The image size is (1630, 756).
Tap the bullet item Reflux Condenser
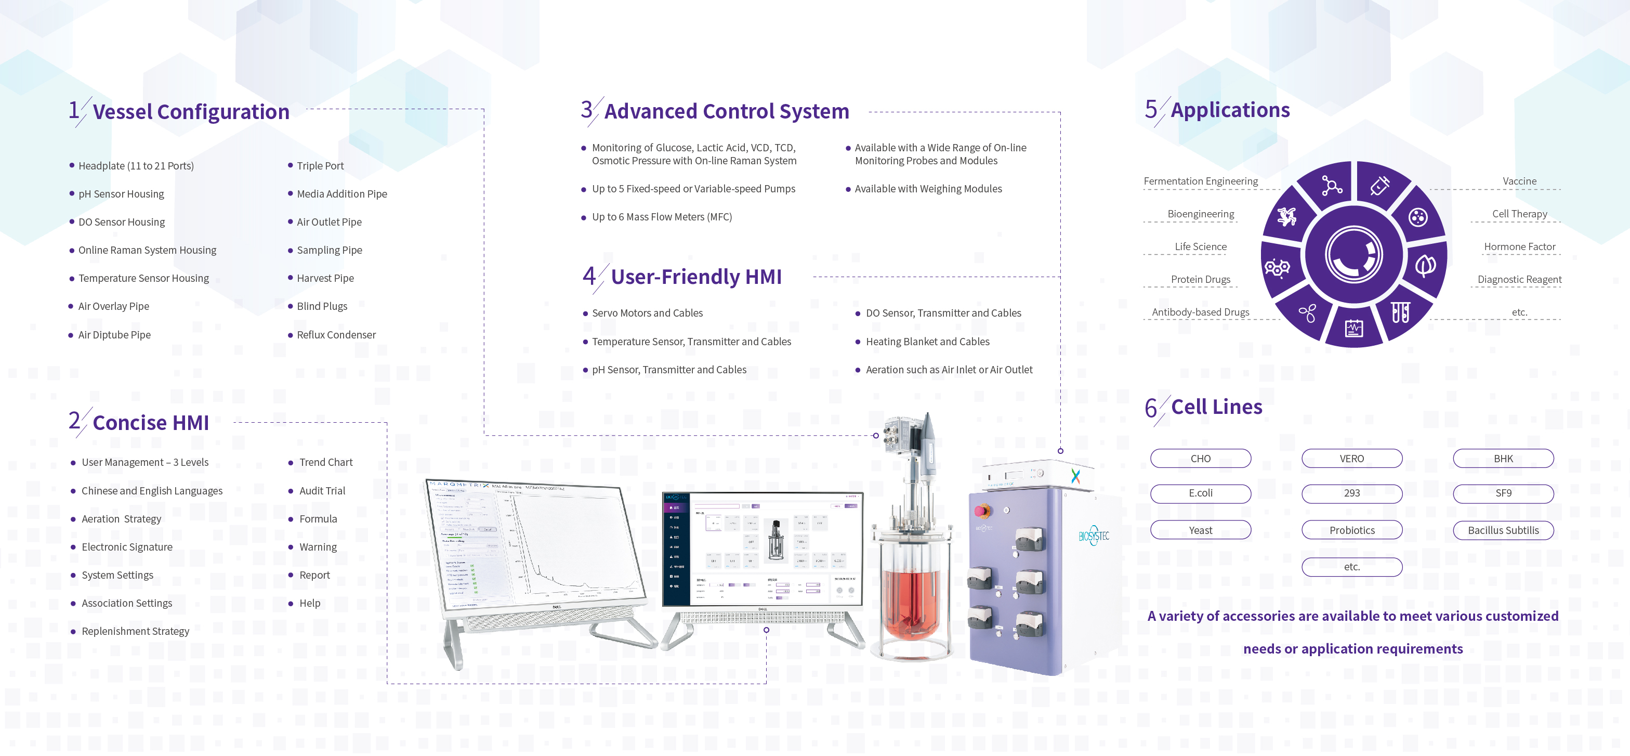point(336,335)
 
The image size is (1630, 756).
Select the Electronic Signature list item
point(126,547)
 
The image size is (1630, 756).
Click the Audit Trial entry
point(322,491)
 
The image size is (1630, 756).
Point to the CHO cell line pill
point(1200,459)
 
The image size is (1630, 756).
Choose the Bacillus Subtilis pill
point(1503,530)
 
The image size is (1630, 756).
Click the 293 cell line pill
point(1351,493)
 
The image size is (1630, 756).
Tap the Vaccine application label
point(1519,181)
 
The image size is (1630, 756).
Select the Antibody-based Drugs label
point(1200,312)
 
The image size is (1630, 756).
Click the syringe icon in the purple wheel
point(1379,186)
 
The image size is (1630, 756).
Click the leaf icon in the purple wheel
point(1425,265)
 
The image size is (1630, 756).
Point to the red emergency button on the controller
point(982,511)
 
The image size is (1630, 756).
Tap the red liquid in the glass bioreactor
point(911,602)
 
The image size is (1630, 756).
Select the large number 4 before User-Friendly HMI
point(589,276)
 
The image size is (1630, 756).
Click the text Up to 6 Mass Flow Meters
point(661,217)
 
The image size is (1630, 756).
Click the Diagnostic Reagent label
point(1519,279)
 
